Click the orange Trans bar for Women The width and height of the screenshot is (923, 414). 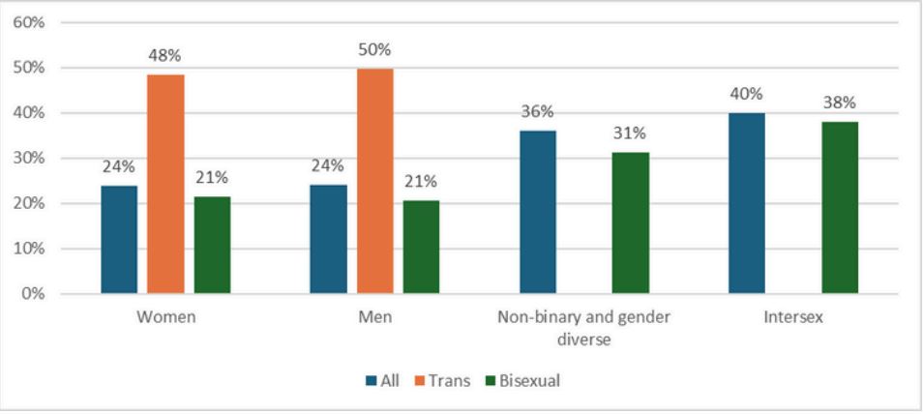[x=165, y=184]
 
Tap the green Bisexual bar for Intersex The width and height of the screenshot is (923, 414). [x=840, y=207]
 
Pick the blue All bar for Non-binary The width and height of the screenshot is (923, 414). [x=537, y=212]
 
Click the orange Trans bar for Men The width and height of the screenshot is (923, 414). [x=375, y=181]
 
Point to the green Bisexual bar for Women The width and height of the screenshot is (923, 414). [x=213, y=245]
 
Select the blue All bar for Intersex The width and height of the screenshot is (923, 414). [x=746, y=203]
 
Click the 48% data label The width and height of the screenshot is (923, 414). [x=166, y=56]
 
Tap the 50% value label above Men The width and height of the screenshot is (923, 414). [x=375, y=50]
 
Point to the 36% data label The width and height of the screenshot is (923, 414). [x=537, y=112]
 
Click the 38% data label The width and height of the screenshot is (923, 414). [x=840, y=103]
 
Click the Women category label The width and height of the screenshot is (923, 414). [x=165, y=317]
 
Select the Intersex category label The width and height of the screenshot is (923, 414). [x=792, y=317]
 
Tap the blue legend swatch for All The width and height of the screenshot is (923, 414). [x=372, y=381]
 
